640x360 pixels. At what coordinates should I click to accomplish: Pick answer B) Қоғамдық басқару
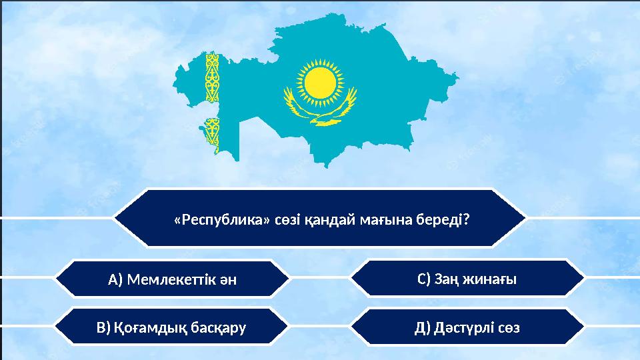pos(171,328)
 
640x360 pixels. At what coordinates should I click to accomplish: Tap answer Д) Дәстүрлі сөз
pos(467,328)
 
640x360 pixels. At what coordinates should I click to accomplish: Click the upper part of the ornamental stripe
pos(212,77)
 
